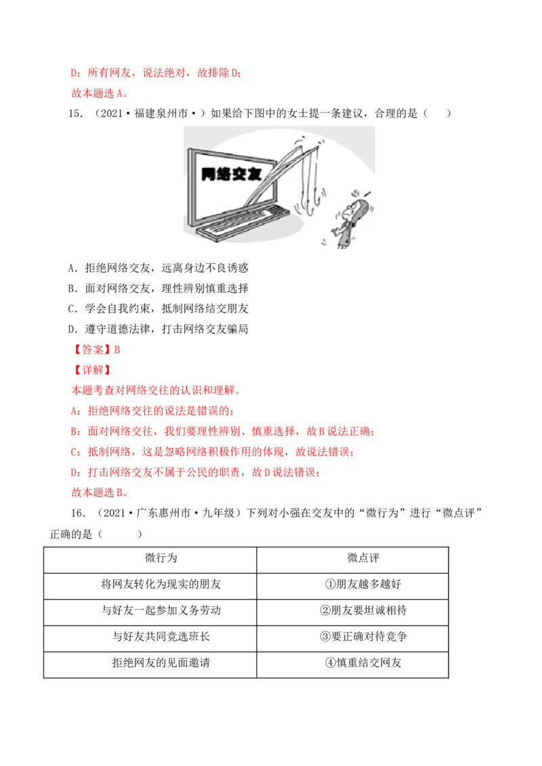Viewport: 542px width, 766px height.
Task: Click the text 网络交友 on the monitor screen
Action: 232,174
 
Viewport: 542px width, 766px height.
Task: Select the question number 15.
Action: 75,114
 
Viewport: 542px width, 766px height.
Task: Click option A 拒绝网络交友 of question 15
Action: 158,268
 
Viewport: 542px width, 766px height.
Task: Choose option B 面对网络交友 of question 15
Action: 158,288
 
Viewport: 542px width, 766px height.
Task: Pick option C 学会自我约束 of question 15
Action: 158,309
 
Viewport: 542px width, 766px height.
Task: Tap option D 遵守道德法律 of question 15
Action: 158,329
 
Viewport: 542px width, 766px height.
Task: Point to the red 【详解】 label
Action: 92,370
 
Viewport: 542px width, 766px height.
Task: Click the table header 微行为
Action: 161,558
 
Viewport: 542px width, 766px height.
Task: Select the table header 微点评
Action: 363,558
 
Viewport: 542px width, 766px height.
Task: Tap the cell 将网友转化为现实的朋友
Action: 161,584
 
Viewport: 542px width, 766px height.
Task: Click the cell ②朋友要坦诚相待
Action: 363,610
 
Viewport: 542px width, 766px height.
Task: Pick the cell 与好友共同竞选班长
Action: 161,637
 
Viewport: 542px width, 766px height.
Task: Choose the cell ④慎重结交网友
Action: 363,663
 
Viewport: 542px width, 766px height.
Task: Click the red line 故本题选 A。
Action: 100,93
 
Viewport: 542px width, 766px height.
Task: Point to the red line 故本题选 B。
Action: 100,493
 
